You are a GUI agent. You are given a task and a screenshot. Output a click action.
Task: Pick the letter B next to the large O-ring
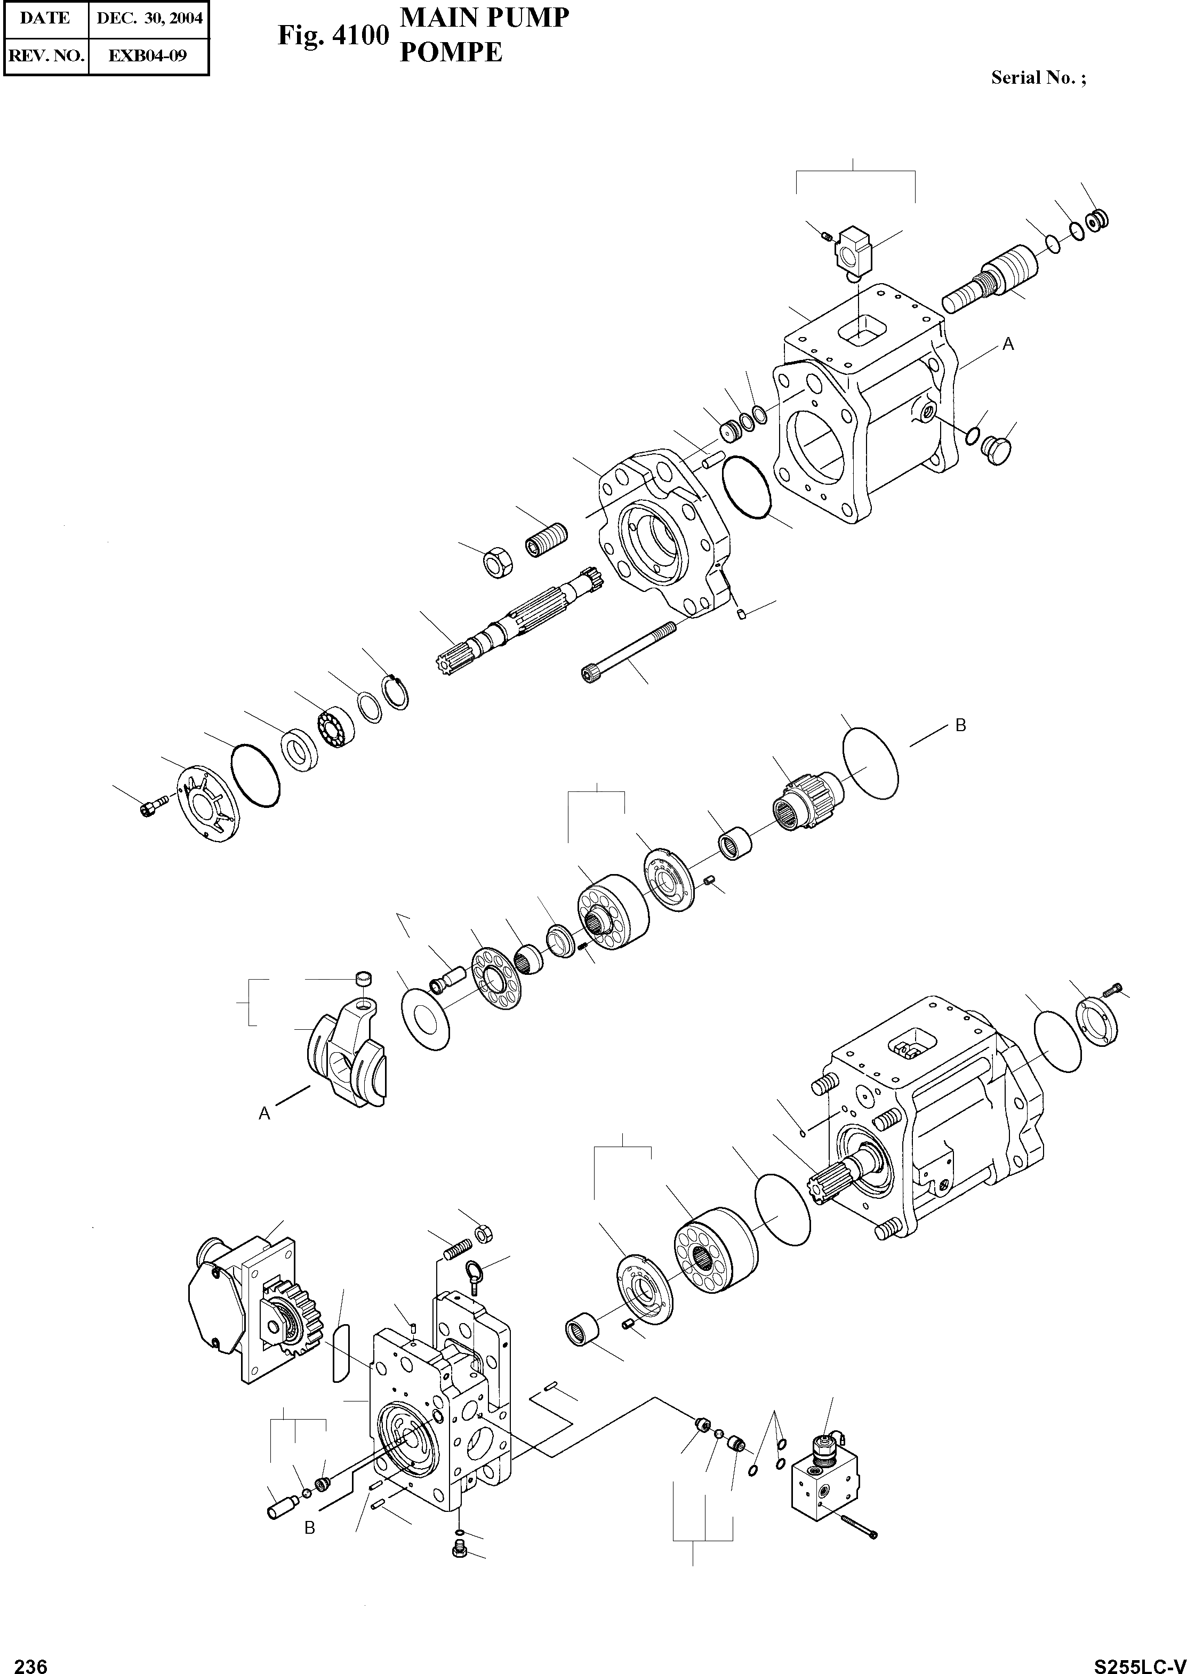tap(960, 725)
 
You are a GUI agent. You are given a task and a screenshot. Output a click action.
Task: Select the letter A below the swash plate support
tap(264, 1114)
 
